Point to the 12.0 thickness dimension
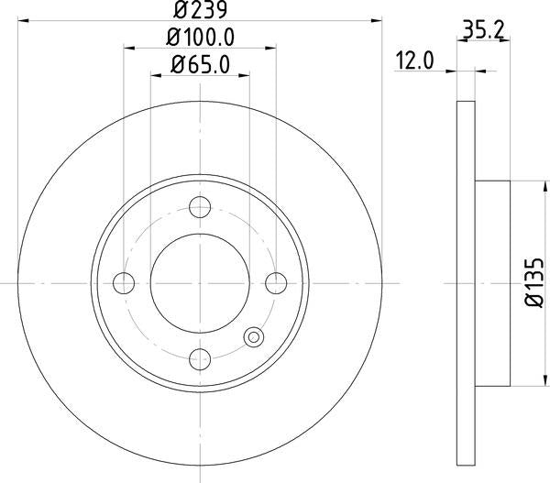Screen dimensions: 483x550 click(414, 61)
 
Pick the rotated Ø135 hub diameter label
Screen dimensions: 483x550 click(536, 282)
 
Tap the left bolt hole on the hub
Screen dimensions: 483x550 click(124, 282)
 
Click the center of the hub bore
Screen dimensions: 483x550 click(200, 282)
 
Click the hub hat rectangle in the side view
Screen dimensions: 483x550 click(492, 282)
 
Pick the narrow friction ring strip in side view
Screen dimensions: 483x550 click(466, 282)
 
